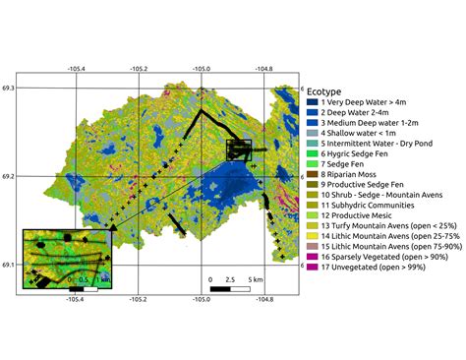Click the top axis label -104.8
(264, 69)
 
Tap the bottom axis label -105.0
(202, 300)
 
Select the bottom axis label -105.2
(137, 300)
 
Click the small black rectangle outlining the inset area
(239, 149)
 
